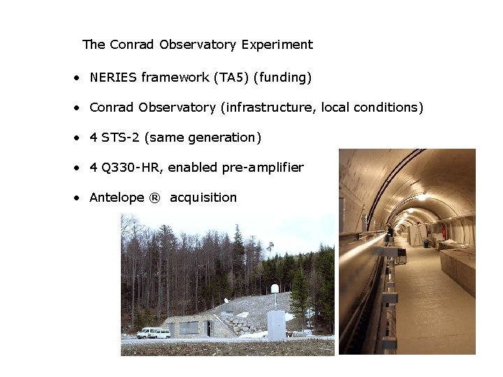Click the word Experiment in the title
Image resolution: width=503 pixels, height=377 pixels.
point(277,45)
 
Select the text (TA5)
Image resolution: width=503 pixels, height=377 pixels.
point(231,77)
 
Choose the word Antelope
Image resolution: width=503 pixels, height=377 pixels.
point(117,198)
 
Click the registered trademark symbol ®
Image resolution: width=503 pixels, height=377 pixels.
point(154,198)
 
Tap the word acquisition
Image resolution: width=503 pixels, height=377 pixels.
point(203,198)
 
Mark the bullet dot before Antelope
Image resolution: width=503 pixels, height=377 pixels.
point(75,198)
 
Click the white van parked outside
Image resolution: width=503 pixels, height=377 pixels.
point(153,333)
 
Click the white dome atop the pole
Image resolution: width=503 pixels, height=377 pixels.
point(275,288)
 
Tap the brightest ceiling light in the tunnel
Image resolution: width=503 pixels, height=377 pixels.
point(421,198)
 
